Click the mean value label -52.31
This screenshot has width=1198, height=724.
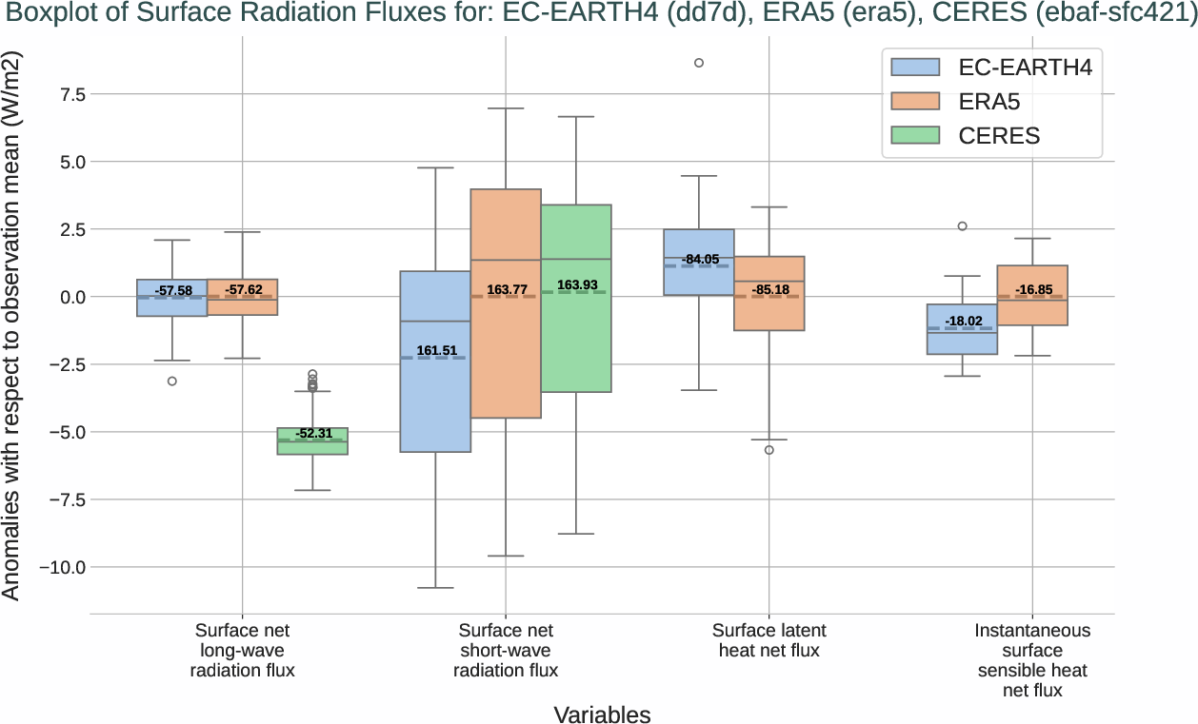point(313,434)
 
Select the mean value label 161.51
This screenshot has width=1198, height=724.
point(436,351)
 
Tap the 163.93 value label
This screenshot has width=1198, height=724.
point(578,285)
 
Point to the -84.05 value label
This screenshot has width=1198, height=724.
point(700,260)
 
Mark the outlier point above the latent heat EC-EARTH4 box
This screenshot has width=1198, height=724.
point(699,63)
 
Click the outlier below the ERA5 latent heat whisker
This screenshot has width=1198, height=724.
point(769,450)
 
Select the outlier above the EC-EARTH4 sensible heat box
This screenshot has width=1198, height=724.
point(962,226)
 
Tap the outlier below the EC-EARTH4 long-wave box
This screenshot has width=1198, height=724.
point(172,382)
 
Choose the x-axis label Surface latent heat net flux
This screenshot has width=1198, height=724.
point(769,640)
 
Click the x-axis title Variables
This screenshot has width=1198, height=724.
point(602,714)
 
